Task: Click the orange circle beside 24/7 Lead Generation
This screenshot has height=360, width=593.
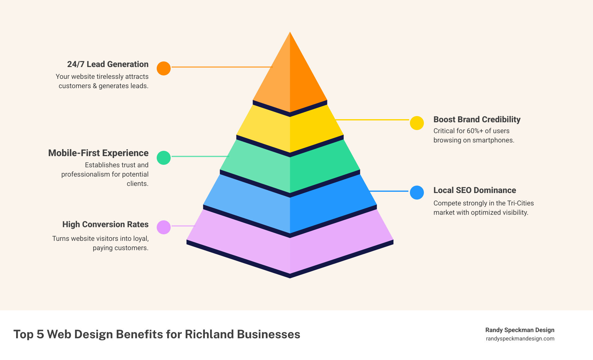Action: point(164,68)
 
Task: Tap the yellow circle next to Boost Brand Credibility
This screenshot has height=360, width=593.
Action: point(417,123)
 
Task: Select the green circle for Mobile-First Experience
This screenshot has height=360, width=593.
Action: point(164,158)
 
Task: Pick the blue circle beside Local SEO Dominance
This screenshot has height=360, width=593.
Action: point(417,192)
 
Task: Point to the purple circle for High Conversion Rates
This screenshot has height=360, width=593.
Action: point(164,227)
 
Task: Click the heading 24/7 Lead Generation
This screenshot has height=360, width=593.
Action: point(108,64)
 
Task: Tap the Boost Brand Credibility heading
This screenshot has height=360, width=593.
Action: point(477,119)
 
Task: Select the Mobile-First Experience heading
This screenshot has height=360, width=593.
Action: point(98,153)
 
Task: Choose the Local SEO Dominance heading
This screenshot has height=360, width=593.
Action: point(474,190)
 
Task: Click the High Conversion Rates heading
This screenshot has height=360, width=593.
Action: point(105,224)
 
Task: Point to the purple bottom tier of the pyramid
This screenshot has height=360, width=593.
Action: point(290,248)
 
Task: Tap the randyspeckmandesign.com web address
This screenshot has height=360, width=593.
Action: point(520,339)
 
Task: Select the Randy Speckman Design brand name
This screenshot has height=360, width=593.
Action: point(520,330)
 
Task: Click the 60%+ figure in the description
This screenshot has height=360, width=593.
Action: point(475,131)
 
